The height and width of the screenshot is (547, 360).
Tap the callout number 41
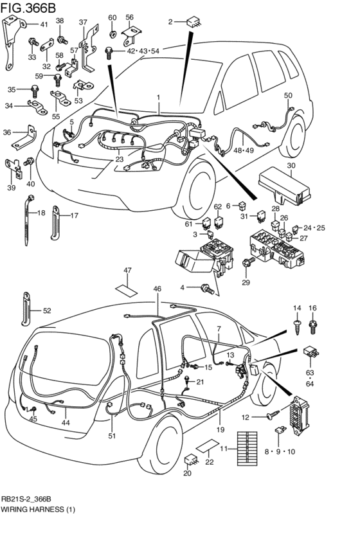coord(44,25)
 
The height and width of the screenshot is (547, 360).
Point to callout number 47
coord(127,270)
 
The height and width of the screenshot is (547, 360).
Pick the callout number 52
coord(46,310)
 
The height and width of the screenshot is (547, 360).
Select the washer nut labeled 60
coord(112,31)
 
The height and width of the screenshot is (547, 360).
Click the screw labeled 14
coord(296,326)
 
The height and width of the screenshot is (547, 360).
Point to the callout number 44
coord(65,423)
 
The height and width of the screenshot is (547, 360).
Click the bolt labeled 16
coord(313,327)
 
